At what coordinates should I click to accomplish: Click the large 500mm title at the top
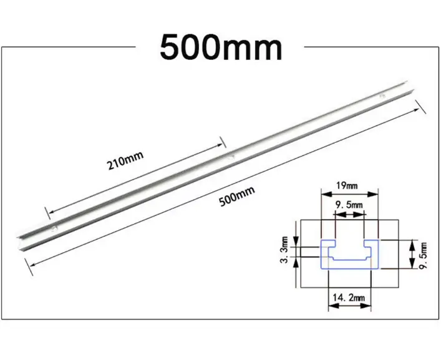(221, 47)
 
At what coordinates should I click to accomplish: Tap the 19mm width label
(348, 185)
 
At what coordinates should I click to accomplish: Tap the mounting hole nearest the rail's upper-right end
(382, 97)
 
